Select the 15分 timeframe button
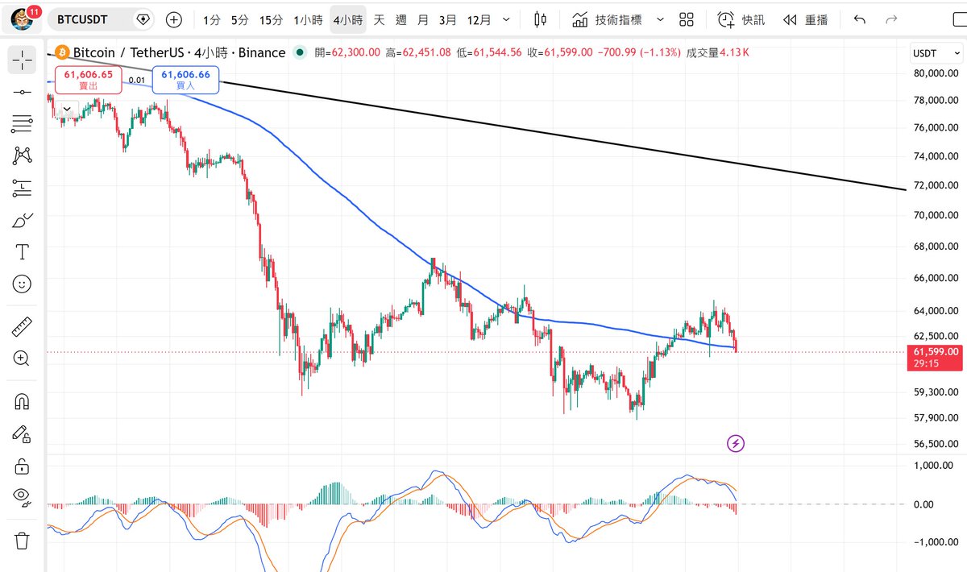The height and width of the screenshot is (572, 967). click(271, 20)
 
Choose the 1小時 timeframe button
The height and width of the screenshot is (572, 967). click(308, 20)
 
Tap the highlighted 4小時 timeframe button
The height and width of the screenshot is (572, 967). click(348, 20)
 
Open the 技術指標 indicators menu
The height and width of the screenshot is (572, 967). click(618, 20)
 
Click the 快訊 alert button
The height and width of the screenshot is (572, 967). click(741, 20)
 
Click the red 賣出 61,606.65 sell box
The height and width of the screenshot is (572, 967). click(89, 80)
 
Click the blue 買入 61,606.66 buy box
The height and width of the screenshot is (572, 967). click(185, 80)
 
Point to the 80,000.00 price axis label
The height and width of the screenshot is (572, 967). click(936, 73)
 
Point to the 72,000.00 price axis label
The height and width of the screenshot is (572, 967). click(936, 185)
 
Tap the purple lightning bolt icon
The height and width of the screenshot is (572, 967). click(736, 443)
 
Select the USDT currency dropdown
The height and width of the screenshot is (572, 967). click(936, 53)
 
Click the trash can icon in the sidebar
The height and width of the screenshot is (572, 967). click(22, 541)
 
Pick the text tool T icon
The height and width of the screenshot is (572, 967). click(22, 251)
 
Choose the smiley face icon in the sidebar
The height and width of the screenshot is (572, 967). click(22, 284)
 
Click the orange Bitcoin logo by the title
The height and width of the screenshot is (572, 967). click(62, 52)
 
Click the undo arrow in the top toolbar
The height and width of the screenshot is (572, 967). click(859, 20)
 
